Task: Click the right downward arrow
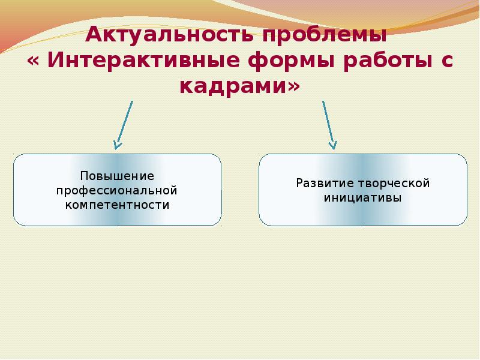[x=328, y=124]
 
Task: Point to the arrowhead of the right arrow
[x=332, y=145]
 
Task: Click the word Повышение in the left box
[x=118, y=176]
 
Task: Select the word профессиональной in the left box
[x=118, y=190]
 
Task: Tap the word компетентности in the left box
[x=118, y=205]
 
